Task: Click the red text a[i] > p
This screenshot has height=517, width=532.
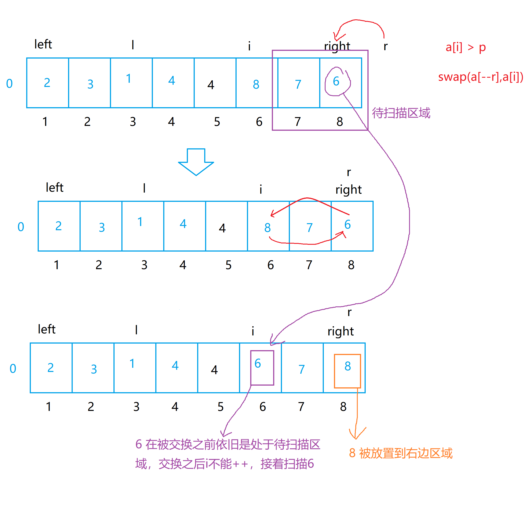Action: (465, 47)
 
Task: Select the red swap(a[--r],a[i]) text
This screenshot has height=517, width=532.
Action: (480, 77)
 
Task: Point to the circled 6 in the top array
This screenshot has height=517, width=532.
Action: (336, 81)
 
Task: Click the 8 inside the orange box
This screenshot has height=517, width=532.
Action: (348, 366)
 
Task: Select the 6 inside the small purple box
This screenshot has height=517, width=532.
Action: (258, 364)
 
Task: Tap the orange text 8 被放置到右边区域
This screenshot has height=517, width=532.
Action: (400, 453)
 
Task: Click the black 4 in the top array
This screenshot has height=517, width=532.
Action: (211, 85)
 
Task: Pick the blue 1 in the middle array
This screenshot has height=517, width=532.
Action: (140, 222)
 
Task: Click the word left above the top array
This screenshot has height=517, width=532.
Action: (43, 44)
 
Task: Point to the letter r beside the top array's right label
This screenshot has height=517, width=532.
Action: (385, 46)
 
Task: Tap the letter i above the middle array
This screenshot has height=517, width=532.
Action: (261, 189)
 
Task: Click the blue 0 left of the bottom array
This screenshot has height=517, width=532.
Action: (13, 368)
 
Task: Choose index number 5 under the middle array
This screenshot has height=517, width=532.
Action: (228, 265)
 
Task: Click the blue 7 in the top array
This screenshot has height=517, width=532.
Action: (298, 85)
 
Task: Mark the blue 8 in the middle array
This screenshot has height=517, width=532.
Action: (267, 228)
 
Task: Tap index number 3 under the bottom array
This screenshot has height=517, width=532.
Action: (136, 407)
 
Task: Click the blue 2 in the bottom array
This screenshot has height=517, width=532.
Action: (50, 368)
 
